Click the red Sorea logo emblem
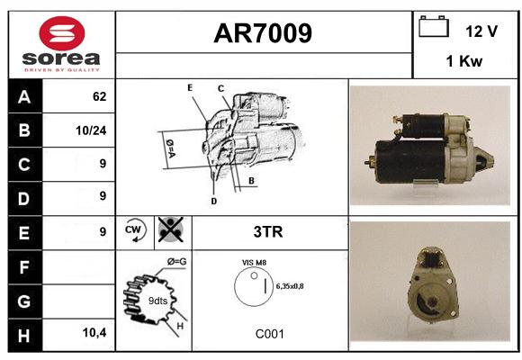62,33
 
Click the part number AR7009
263,33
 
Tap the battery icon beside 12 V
434,26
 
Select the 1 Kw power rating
464,61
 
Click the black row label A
25,96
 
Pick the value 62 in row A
100,96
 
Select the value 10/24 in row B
91,130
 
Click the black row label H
25,336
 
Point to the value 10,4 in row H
94,332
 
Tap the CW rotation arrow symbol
134,230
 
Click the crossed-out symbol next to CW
170,229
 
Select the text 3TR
268,232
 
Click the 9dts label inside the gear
157,301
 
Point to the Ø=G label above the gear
176,261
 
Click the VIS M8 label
254,263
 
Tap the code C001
270,334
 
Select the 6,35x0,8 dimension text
290,286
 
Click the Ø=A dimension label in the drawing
170,148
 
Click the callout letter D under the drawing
213,201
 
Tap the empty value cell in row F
78,267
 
